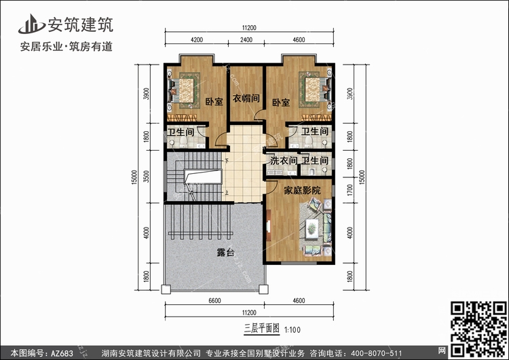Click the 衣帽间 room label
246,98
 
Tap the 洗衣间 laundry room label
284,160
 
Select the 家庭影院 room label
302,190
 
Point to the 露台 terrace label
225,252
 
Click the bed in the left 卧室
183,90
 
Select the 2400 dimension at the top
246,39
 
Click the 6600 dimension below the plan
214,300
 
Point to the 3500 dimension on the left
146,177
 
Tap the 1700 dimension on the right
350,190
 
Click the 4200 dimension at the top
197,39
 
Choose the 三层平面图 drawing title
262,329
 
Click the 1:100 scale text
293,330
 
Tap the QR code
479,329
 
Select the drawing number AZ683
62,353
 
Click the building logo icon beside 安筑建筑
31,24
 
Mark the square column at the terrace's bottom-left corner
166,289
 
